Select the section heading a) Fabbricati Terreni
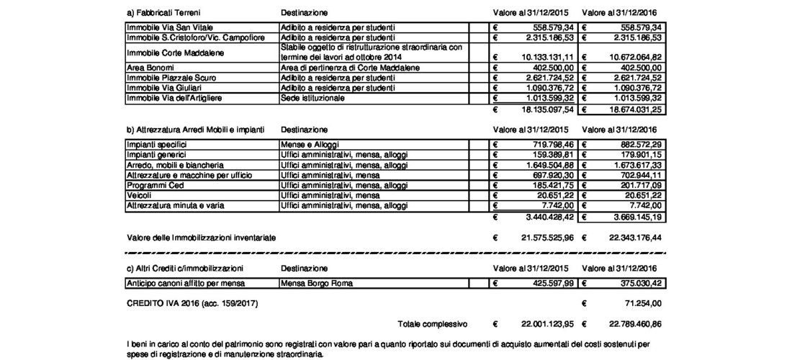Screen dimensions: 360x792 [x=163, y=14]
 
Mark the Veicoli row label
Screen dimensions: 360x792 [x=138, y=195]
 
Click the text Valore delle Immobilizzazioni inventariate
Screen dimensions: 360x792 [x=202, y=237]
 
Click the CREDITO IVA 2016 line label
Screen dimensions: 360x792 [x=192, y=304]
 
